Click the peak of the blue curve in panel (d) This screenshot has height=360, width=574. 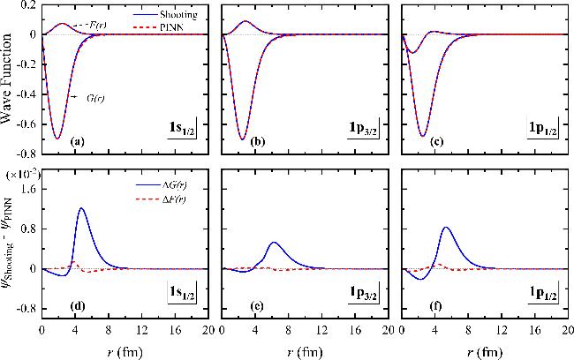click(81, 209)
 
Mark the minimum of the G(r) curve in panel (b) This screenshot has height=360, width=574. click(243, 139)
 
